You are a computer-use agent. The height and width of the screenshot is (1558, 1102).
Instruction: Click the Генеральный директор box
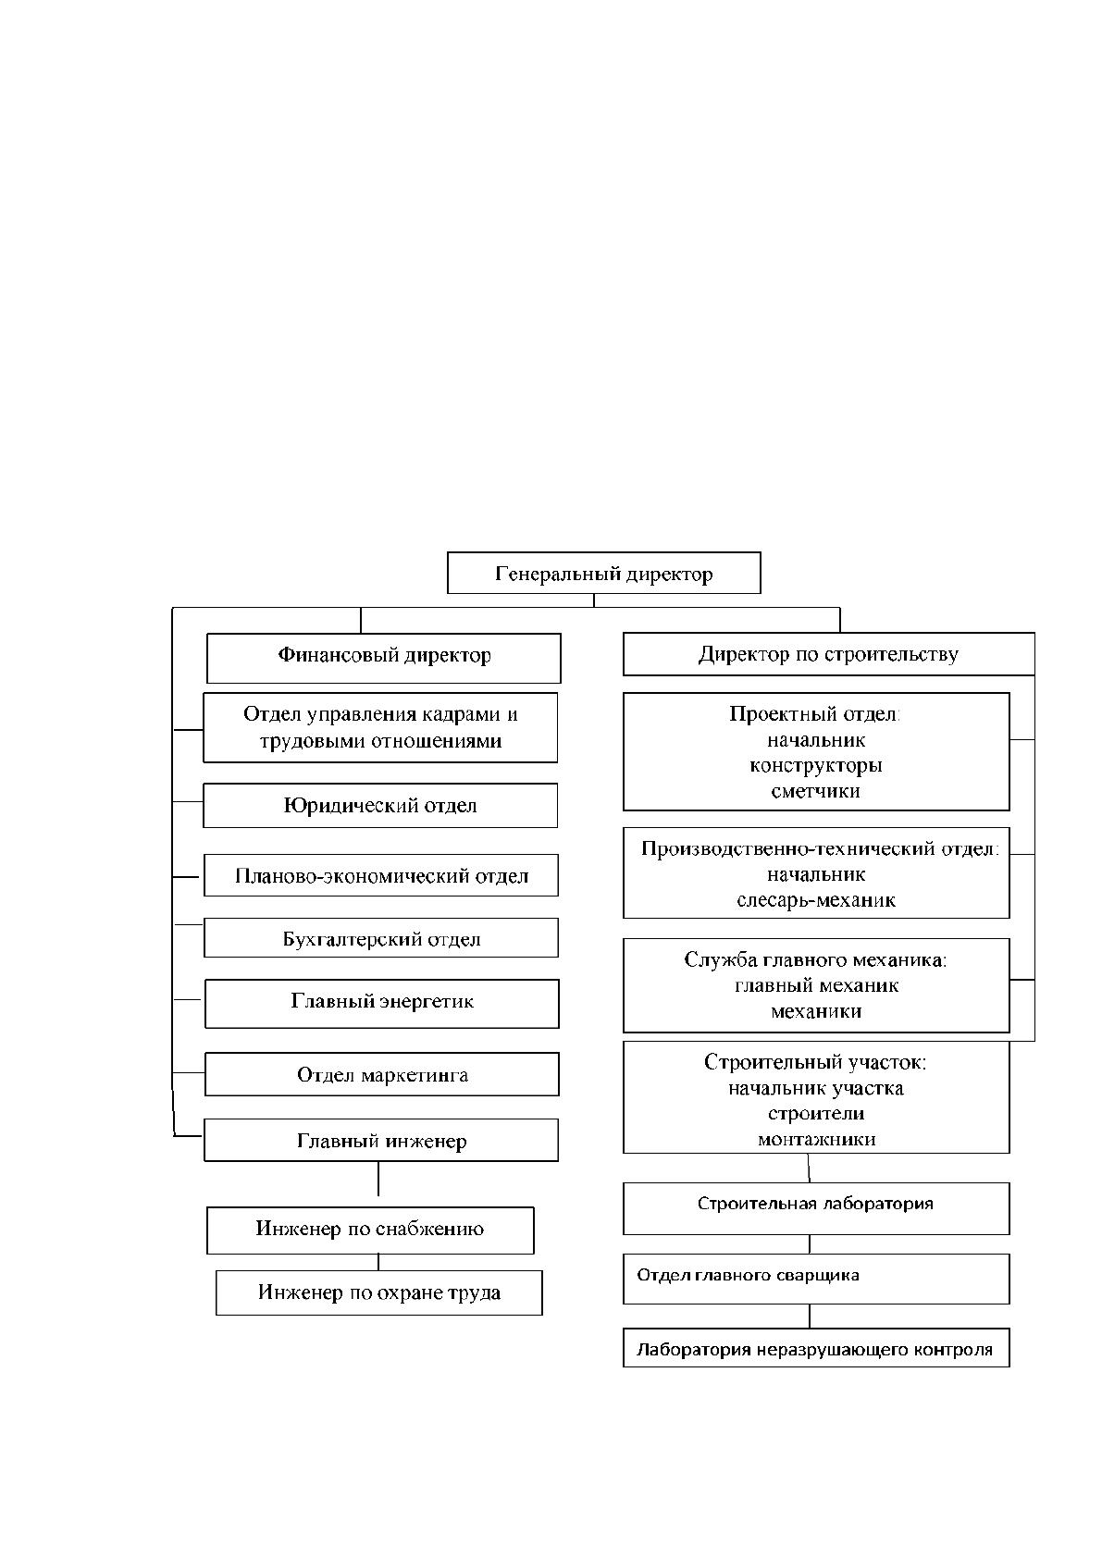(603, 573)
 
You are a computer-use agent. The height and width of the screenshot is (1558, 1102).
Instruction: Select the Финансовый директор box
(383, 658)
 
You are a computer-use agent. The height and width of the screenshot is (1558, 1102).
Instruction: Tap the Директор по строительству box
(829, 654)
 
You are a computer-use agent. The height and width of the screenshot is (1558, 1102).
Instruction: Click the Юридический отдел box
(380, 806)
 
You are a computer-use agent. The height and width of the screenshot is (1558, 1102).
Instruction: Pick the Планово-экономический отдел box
(380, 875)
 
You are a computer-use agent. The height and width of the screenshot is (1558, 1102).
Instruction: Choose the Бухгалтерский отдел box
(380, 937)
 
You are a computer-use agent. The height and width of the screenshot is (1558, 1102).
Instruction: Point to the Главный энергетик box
(382, 1004)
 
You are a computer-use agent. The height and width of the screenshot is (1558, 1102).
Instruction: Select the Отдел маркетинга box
(382, 1074)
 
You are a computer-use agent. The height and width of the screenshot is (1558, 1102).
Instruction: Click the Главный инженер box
(380, 1140)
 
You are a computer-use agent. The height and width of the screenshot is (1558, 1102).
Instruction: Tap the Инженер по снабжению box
(370, 1230)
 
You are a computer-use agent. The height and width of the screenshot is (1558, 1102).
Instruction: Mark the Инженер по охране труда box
(379, 1293)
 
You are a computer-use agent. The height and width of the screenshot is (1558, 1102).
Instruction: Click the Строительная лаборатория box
(816, 1209)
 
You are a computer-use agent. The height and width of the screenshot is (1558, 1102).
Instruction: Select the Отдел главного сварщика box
(816, 1280)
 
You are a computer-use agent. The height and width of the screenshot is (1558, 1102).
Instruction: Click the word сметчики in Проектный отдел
(815, 791)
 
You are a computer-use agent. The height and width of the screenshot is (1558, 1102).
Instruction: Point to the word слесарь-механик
(816, 900)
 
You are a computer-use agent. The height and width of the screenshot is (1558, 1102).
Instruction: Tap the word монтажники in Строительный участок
(816, 1139)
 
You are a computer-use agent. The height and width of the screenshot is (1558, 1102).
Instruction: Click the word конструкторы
(816, 766)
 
